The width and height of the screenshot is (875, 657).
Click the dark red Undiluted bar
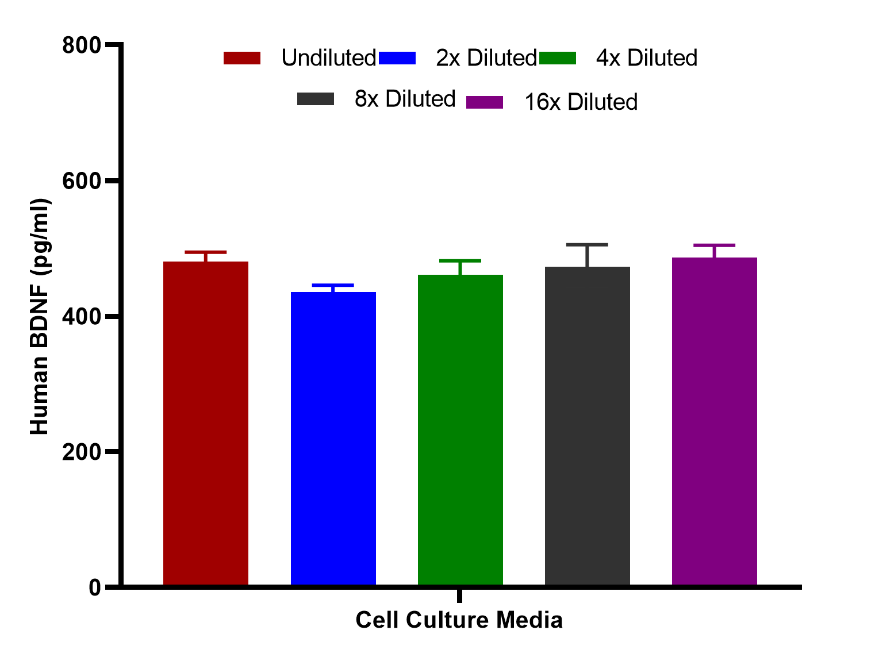click(x=206, y=423)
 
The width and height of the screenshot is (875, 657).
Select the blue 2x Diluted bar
click(x=333, y=439)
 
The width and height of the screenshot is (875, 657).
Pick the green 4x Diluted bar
click(x=460, y=430)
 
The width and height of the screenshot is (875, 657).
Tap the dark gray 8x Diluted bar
click(x=588, y=426)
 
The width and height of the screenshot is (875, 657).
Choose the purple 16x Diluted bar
click(x=715, y=421)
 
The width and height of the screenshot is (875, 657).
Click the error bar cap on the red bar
click(x=206, y=252)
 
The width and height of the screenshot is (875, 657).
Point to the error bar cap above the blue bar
click(x=333, y=285)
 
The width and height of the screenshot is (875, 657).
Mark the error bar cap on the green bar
click(x=460, y=261)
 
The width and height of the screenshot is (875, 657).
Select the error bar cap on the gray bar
click(x=588, y=245)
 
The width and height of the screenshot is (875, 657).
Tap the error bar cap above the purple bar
click(x=715, y=245)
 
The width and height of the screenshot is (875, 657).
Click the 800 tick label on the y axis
click(x=81, y=45)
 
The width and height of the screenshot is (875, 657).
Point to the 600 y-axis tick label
click(x=81, y=181)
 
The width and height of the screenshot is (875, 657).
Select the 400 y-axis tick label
click(x=81, y=317)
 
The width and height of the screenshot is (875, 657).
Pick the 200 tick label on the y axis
click(x=81, y=452)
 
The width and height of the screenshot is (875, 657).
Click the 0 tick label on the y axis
click(x=95, y=588)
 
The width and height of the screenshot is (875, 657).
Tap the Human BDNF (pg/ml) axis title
click(x=40, y=316)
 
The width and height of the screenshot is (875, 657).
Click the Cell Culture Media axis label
click(x=459, y=620)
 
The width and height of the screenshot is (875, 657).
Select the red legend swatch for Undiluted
click(x=242, y=58)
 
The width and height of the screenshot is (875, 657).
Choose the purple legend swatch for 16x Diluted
click(x=485, y=102)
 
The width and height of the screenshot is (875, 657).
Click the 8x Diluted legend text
click(x=405, y=99)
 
